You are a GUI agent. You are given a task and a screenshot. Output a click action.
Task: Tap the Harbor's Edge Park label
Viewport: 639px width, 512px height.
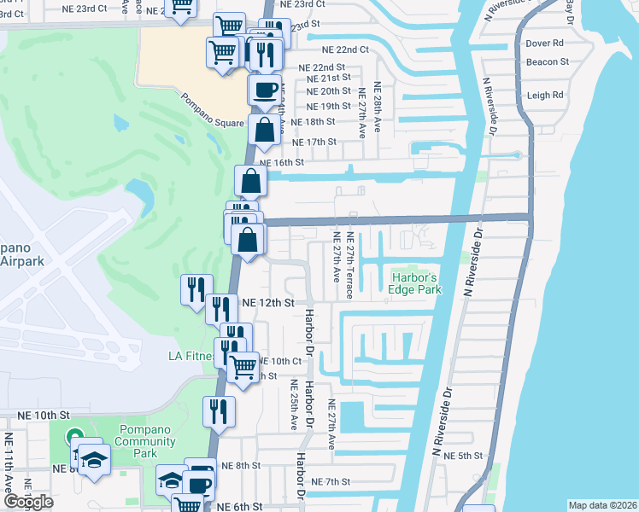click(416, 283)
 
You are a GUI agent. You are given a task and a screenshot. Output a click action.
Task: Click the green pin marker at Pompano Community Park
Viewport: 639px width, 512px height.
click(74, 438)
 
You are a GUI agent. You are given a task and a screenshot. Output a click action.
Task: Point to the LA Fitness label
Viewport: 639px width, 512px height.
click(189, 356)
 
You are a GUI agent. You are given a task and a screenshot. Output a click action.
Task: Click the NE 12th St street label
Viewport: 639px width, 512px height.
click(268, 303)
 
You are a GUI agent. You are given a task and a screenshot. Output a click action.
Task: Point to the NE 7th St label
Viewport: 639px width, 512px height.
click(331, 482)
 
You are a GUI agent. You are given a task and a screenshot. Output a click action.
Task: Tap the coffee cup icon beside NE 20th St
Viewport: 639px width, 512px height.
click(264, 88)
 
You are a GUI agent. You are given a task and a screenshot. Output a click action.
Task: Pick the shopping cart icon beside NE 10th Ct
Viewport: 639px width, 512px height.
click(243, 367)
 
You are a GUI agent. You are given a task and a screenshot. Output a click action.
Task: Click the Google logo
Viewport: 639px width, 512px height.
click(29, 502)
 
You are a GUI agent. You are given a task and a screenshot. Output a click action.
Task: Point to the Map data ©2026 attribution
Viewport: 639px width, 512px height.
click(602, 505)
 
